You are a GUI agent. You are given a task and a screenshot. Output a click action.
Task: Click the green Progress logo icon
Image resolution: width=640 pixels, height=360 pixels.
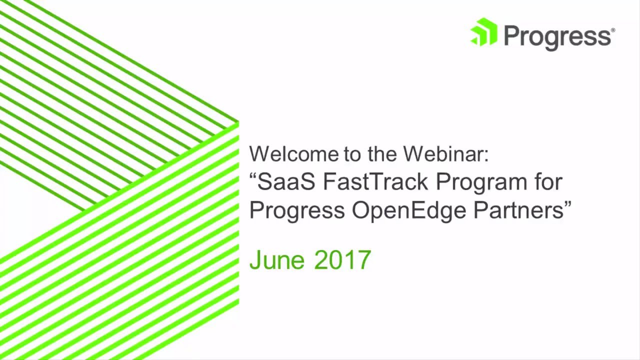(x=483, y=32)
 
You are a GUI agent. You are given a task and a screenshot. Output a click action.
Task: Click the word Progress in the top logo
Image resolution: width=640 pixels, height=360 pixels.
(x=556, y=36)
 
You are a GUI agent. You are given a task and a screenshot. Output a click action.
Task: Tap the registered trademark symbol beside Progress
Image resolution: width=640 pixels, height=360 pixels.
(x=612, y=30)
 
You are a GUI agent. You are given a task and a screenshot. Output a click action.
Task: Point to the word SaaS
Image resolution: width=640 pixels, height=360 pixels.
(x=286, y=182)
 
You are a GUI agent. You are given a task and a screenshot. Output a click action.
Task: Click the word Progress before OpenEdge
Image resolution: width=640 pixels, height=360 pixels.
(x=297, y=211)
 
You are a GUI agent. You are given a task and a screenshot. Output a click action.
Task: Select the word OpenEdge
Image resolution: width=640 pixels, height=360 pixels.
(x=409, y=211)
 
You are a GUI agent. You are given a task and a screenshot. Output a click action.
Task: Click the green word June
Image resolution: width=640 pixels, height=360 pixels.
(x=276, y=260)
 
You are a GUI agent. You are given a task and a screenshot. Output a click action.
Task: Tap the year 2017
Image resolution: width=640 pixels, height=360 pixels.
(x=342, y=260)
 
